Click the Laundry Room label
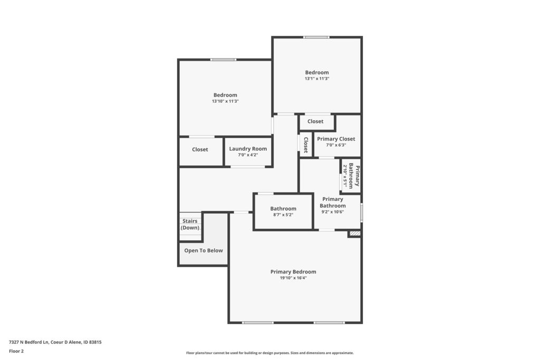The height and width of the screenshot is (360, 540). click(248, 149)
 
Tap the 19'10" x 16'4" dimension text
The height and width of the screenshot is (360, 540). click(293, 278)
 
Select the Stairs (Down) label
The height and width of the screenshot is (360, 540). click(190, 225)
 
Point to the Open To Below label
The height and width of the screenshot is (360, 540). click(204, 250)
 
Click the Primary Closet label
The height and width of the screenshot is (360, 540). click(336, 139)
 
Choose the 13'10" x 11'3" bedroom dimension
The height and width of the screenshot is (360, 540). click(225, 101)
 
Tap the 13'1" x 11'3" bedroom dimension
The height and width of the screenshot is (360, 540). click(317, 79)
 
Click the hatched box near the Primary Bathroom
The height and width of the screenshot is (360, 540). click(355, 233)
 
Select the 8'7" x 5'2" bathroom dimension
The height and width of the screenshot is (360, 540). click(283, 215)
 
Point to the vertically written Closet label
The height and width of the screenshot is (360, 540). click(306, 145)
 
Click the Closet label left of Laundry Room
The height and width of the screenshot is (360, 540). click(200, 149)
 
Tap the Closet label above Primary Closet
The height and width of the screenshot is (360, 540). click(315, 121)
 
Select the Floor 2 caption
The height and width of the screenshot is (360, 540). click(16, 351)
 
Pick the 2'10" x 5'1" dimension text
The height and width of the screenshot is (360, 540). click(345, 176)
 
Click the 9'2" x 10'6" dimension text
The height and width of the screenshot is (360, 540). click(333, 212)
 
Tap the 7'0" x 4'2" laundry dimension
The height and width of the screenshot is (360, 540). click(248, 155)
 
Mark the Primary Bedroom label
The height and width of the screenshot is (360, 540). click(293, 271)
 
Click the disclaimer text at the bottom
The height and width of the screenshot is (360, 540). click(270, 353)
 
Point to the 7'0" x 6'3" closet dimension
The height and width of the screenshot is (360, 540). click(336, 145)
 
